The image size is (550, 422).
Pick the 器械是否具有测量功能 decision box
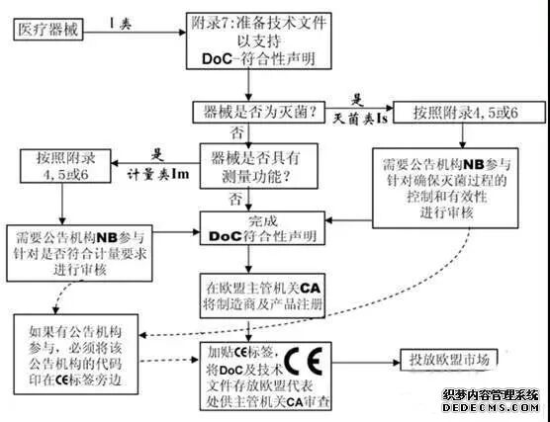[x=252, y=167]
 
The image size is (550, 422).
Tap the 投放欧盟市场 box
[x=450, y=361]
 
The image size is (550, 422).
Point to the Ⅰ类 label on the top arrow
[x=118, y=22]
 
